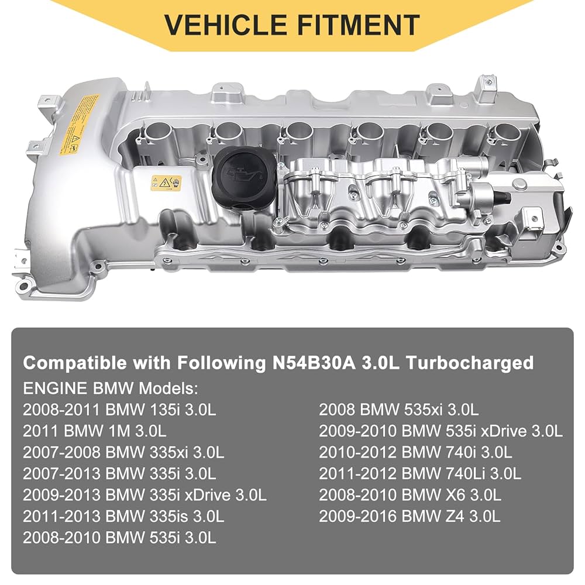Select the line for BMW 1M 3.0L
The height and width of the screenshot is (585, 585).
95,431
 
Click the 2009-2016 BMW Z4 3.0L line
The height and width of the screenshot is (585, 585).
409,516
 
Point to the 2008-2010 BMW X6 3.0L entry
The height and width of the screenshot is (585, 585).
409,495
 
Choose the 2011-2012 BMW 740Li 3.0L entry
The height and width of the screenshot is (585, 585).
419,473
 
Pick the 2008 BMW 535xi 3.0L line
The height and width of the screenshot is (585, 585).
398,409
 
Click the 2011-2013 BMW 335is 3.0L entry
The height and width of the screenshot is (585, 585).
123,516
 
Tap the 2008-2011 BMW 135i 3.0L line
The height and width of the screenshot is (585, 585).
119,409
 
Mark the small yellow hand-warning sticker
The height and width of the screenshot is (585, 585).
166,183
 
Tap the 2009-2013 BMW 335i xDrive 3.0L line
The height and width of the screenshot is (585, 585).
144,495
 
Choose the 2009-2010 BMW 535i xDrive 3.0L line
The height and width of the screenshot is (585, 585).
441,431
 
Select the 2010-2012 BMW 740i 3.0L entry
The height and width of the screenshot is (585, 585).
415,452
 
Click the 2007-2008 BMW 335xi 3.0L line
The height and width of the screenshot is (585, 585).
123,452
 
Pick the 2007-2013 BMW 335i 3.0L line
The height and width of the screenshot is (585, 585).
119,473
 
